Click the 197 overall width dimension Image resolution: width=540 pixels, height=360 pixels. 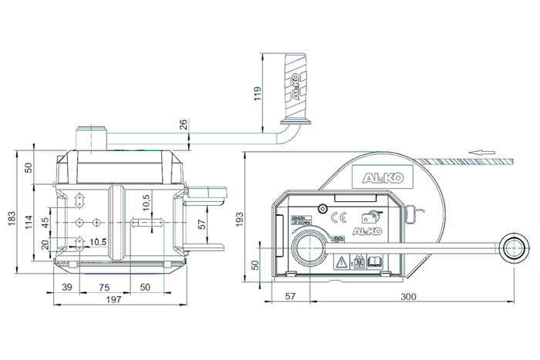pyautogui.click(x=119, y=299)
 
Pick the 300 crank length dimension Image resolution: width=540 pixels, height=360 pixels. pyautogui.click(x=410, y=295)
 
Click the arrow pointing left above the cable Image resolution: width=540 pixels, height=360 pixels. pyautogui.click(x=481, y=153)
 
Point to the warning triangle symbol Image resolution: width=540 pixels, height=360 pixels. pyautogui.click(x=339, y=262)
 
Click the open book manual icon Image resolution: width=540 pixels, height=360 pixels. pyautogui.click(x=374, y=262)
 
